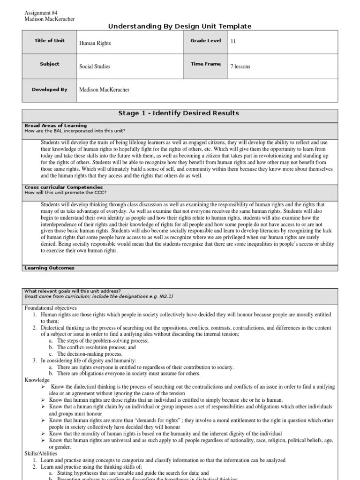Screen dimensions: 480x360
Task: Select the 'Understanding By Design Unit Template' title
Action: [180, 26]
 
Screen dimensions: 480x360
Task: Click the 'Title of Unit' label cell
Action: [50, 41]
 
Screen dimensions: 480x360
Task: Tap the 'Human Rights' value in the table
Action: [95, 43]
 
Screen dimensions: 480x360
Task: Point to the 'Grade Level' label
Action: [205, 41]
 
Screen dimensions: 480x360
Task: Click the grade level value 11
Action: [232, 41]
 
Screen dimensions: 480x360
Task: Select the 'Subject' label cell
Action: [50, 64]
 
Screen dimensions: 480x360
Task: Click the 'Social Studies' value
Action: [95, 67]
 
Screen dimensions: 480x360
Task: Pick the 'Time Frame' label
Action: [205, 64]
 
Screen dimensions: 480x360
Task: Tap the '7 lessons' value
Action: [240, 67]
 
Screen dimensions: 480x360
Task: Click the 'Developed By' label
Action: [50, 90]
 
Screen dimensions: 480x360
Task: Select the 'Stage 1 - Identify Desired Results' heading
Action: [180, 113]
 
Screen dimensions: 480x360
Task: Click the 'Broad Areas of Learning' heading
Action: [55, 126]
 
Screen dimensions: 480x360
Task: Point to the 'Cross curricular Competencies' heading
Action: [63, 187]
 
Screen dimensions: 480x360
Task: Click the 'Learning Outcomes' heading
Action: [49, 268]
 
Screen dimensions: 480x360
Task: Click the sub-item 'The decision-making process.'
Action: [87, 354]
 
